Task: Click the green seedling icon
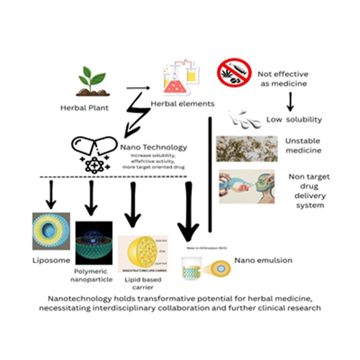pos(89,81)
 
